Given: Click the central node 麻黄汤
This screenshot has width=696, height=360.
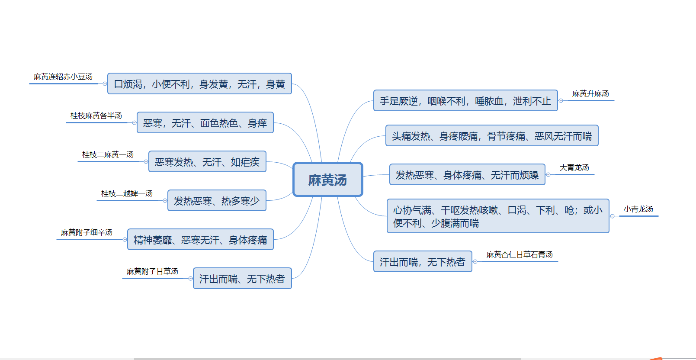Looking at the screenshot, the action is click(x=328, y=180).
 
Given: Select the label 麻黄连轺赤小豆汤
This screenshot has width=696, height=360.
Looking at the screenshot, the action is click(x=63, y=77).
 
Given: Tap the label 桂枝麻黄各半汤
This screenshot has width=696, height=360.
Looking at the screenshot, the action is click(x=96, y=116).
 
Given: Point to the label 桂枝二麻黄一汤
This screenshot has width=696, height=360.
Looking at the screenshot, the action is click(x=108, y=154).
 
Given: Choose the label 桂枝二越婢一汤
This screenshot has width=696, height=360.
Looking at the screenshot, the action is click(x=127, y=193).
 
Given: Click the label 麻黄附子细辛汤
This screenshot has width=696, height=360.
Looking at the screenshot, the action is click(x=87, y=232).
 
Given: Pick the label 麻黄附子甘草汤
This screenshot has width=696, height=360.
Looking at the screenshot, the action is click(x=152, y=271).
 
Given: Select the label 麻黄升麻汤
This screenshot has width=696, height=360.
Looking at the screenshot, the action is click(x=590, y=93).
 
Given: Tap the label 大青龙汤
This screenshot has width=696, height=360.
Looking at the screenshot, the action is click(x=574, y=167).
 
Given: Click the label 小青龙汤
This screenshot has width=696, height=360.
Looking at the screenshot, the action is click(x=638, y=209).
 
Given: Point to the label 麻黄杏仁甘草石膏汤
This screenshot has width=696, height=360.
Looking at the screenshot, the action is click(x=520, y=254).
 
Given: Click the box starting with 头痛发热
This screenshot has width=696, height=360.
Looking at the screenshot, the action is click(x=492, y=135).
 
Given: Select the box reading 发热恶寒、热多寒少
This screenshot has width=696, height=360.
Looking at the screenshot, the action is click(x=217, y=200).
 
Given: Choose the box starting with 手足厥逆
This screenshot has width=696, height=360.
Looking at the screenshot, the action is click(x=465, y=100).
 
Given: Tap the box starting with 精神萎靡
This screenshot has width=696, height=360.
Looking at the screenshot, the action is click(x=200, y=239).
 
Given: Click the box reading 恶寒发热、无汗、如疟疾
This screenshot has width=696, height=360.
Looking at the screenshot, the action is click(x=207, y=161).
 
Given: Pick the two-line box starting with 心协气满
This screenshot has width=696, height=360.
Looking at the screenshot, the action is click(x=498, y=216).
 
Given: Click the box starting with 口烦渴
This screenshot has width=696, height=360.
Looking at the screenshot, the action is click(x=199, y=84).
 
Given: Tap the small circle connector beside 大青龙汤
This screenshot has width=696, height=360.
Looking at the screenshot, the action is click(x=548, y=175).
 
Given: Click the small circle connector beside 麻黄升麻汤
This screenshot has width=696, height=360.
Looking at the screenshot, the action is click(x=561, y=101).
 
